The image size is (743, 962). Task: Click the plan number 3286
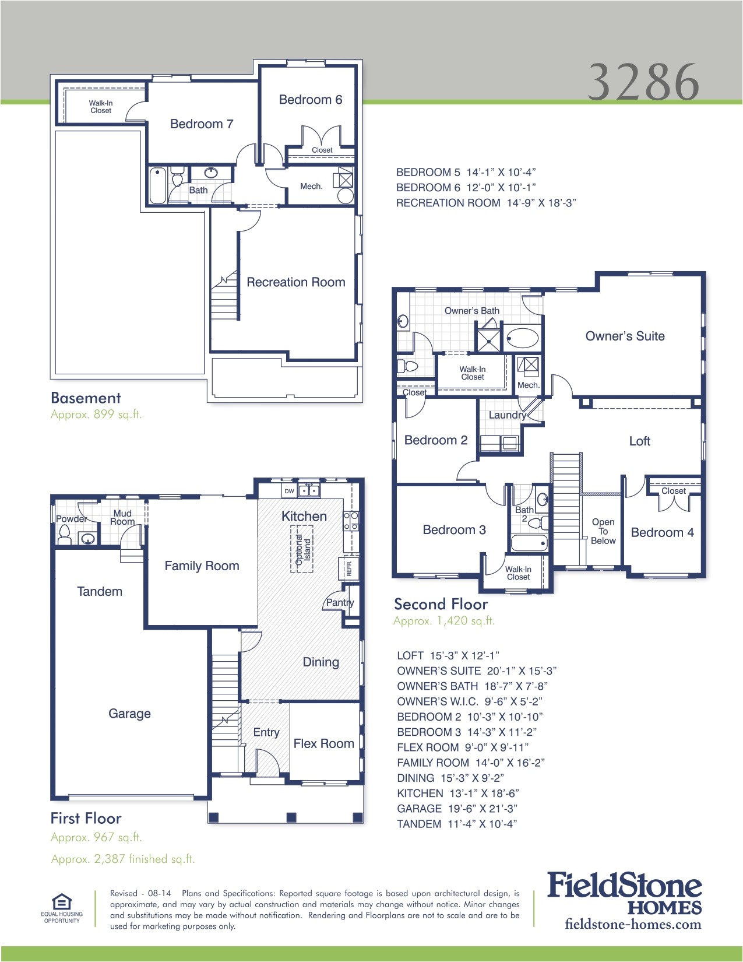(643, 82)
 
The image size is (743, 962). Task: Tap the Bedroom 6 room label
(310, 100)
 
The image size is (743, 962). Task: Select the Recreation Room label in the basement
(295, 282)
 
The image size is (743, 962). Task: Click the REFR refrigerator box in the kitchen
(348, 567)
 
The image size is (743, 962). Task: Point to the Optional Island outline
(302, 549)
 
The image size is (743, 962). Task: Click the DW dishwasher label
(289, 491)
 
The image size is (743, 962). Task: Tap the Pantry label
(340, 602)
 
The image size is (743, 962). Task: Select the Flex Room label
(323, 743)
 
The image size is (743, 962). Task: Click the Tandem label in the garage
(100, 591)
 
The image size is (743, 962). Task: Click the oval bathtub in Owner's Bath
(522, 338)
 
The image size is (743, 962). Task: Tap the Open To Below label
(603, 531)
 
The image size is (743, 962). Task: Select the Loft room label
(639, 441)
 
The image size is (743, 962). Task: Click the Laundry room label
(506, 415)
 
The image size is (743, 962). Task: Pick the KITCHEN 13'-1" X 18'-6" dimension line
(457, 794)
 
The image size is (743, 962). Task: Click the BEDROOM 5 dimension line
(466, 173)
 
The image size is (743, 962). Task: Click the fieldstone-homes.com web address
(633, 924)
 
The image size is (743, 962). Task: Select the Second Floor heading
(441, 604)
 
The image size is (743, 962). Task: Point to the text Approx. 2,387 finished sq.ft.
(123, 859)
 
